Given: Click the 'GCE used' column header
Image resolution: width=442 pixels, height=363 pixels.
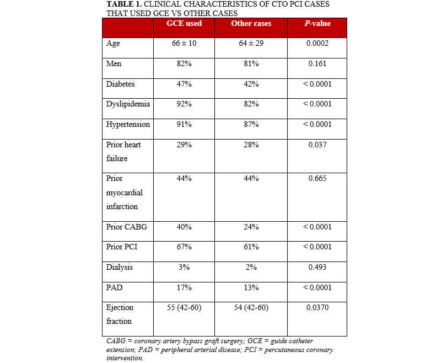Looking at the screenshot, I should point(184,24).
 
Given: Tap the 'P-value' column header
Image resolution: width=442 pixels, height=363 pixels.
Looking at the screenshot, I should point(317,24).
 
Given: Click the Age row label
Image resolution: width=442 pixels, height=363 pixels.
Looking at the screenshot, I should point(113,44).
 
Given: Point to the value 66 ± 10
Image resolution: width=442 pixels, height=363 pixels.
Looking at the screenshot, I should point(184,44).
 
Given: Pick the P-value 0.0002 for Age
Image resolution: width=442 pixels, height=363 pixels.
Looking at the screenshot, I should point(317,44).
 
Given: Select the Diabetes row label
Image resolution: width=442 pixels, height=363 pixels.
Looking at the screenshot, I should point(120,84).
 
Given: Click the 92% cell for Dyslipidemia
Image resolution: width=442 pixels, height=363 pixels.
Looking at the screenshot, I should point(184,104).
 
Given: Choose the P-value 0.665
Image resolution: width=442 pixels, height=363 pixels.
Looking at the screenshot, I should point(317,179).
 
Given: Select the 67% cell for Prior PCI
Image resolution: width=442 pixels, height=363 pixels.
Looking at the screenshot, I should point(184,247).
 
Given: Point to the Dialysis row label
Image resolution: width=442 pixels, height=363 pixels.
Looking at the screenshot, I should point(119,267).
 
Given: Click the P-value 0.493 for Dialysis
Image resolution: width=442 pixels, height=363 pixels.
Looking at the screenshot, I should point(317,267).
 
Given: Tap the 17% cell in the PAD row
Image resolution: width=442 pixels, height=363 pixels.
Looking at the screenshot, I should point(184,287).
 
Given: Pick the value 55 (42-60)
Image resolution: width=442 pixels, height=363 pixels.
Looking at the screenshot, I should point(184,307).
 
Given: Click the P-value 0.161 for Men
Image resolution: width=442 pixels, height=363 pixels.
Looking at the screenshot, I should point(317,63).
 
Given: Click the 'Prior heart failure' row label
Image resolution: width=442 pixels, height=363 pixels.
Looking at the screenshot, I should point(124,151).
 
